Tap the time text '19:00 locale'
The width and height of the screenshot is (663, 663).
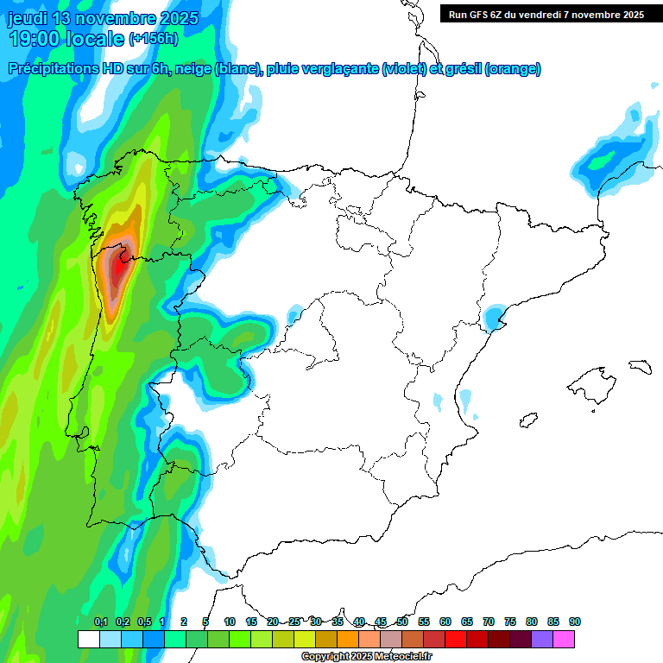pos(66,39)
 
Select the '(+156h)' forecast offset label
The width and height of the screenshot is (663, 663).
pos(154,39)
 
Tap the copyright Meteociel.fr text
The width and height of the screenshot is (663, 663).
pos(367,657)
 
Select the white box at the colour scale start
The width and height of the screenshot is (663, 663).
pos(88,640)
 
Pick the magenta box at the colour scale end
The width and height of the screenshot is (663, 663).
pos(565,640)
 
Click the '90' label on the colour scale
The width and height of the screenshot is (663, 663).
pos(575,622)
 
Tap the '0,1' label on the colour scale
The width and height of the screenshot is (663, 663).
pos(101,622)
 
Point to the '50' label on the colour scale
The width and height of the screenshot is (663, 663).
pos(402,622)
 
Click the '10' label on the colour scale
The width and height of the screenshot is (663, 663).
pos(230,622)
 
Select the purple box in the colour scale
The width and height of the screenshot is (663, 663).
pos(542,640)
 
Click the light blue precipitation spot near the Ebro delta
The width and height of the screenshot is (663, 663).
pos(493,319)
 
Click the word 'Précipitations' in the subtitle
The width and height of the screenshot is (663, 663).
pos(60,69)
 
